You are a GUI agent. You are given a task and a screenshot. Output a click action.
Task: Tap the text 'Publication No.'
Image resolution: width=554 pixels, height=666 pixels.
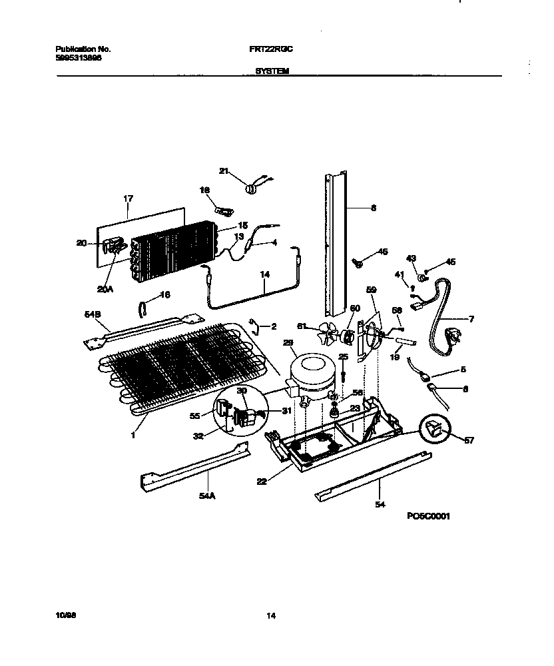(x=83, y=49)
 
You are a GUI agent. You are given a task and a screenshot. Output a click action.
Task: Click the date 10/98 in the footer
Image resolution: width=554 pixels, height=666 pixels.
(x=63, y=616)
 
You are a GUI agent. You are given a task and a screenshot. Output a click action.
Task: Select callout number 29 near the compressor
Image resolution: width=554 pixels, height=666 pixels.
(x=288, y=343)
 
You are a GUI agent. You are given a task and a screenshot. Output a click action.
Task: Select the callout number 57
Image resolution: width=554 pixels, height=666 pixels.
(x=470, y=440)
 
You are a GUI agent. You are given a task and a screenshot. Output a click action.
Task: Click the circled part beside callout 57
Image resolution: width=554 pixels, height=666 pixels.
(x=433, y=431)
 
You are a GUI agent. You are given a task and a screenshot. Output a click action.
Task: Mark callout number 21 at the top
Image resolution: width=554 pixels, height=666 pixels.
(x=224, y=171)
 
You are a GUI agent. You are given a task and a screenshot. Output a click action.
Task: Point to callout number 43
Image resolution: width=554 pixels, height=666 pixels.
(x=411, y=258)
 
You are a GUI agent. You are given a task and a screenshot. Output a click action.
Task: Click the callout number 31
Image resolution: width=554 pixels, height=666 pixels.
(x=287, y=411)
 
